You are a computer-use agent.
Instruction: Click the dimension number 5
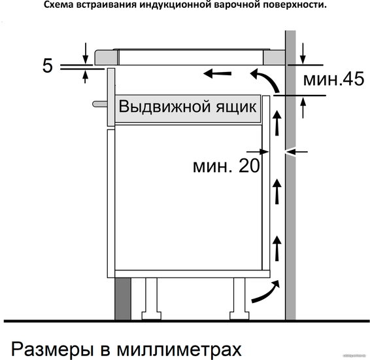click(x=48, y=65)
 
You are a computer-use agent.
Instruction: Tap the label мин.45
click(x=333, y=79)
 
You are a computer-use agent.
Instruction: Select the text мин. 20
click(x=226, y=166)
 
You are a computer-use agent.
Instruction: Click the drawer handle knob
click(x=100, y=104)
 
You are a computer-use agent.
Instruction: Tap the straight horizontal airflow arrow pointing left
click(x=217, y=73)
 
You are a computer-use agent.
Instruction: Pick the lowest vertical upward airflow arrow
click(x=277, y=248)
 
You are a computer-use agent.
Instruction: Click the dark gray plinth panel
click(x=123, y=299)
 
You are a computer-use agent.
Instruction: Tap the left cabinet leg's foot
click(x=151, y=316)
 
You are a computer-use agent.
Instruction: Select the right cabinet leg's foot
click(x=239, y=316)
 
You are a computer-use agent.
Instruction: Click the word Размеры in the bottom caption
click(x=52, y=349)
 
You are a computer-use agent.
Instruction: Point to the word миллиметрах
click(x=179, y=349)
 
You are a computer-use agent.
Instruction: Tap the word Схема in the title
click(x=59, y=5)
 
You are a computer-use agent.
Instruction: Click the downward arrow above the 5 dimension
click(x=86, y=54)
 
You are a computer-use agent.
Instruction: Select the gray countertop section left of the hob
click(x=106, y=57)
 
